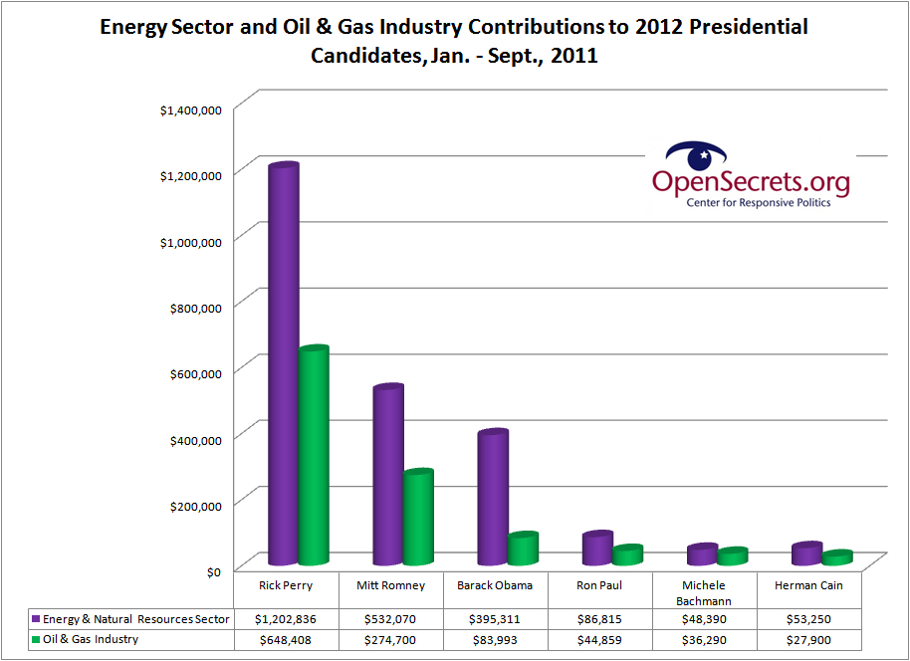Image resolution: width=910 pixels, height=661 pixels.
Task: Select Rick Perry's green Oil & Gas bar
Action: tap(314, 457)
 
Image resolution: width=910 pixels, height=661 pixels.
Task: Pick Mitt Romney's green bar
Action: tap(418, 518)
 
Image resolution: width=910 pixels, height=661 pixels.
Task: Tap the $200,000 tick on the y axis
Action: tap(194, 505)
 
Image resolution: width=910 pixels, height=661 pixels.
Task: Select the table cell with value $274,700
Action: tap(391, 640)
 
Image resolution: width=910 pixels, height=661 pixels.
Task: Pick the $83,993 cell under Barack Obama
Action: tap(495, 640)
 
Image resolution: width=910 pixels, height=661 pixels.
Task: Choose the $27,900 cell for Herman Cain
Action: tap(808, 640)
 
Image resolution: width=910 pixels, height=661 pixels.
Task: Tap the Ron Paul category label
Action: tap(599, 585)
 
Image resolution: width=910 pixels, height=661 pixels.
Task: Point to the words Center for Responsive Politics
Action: tap(758, 203)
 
